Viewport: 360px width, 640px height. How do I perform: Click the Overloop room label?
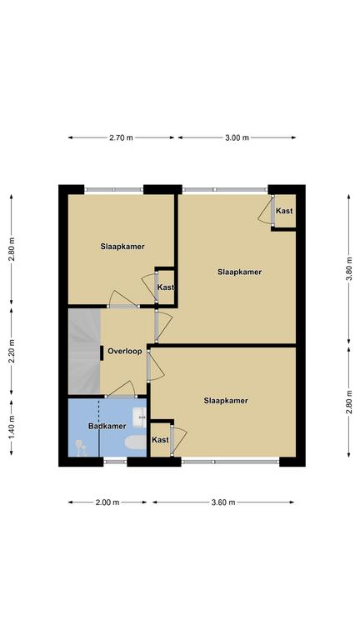125,351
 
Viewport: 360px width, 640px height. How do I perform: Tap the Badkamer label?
107,426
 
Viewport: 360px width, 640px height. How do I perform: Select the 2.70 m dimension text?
121,137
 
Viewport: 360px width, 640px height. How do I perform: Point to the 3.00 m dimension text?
237,137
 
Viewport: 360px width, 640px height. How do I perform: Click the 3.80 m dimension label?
349,269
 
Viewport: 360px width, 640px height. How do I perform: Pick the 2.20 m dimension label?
12,352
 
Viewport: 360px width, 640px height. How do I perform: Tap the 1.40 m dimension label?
12,427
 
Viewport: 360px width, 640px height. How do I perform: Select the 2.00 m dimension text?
107,502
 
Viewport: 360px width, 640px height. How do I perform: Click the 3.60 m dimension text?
223,502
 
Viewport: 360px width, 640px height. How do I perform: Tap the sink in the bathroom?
140,417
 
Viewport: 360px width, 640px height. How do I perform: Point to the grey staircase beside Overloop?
84,351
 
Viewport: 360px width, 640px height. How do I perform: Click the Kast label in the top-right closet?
284,211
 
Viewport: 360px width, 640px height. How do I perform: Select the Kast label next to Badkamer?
160,440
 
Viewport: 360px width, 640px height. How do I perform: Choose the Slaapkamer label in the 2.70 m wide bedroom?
122,247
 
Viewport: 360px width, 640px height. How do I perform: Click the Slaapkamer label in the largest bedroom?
240,272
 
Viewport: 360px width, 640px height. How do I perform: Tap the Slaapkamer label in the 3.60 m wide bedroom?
226,401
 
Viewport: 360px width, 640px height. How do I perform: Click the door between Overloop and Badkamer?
121,396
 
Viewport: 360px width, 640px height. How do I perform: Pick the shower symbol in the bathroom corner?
81,447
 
